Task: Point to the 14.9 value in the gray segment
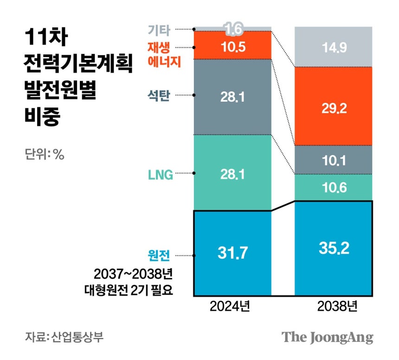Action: [x=334, y=47]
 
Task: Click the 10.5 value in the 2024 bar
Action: [x=232, y=46]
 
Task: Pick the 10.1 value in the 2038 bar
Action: [x=334, y=161]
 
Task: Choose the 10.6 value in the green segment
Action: [x=334, y=188]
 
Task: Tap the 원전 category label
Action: [x=159, y=255]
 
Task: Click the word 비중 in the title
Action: [x=42, y=118]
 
